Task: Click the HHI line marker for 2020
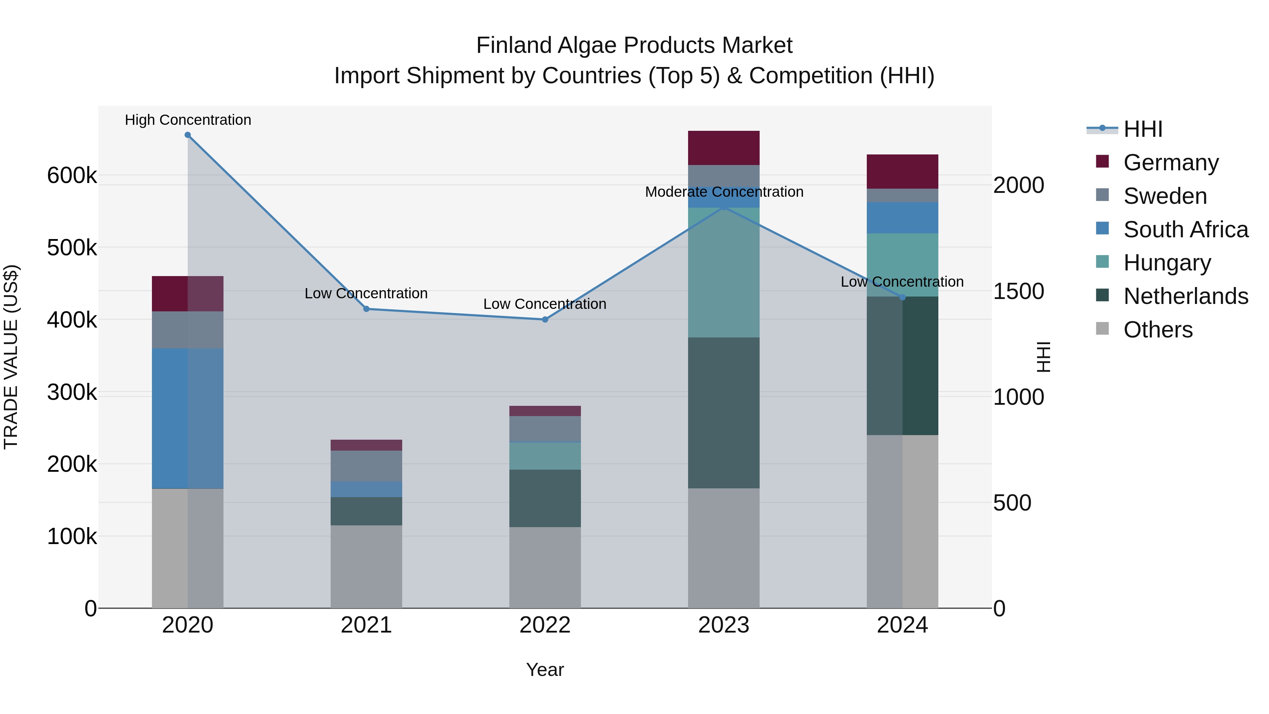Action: [x=188, y=135]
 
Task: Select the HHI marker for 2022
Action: [x=545, y=319]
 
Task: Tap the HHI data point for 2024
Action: [x=902, y=297]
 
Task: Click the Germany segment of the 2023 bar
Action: [x=723, y=148]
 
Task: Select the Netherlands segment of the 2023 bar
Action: [x=723, y=413]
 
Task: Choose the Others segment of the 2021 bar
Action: [x=366, y=566]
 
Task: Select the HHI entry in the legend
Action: [x=1142, y=129]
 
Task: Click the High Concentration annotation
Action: [x=188, y=120]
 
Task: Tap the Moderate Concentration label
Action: [x=724, y=192]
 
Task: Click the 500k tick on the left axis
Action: [x=72, y=248]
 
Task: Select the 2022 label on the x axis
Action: [x=545, y=625]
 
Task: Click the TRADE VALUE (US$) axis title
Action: [x=11, y=357]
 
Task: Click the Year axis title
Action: [x=545, y=670]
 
